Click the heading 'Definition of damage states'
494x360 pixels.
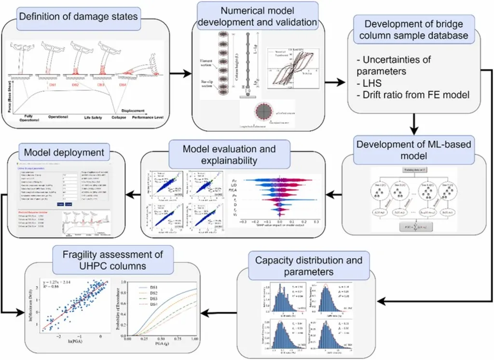[x=78, y=16]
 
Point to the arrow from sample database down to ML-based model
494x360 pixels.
[x=413, y=124]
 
